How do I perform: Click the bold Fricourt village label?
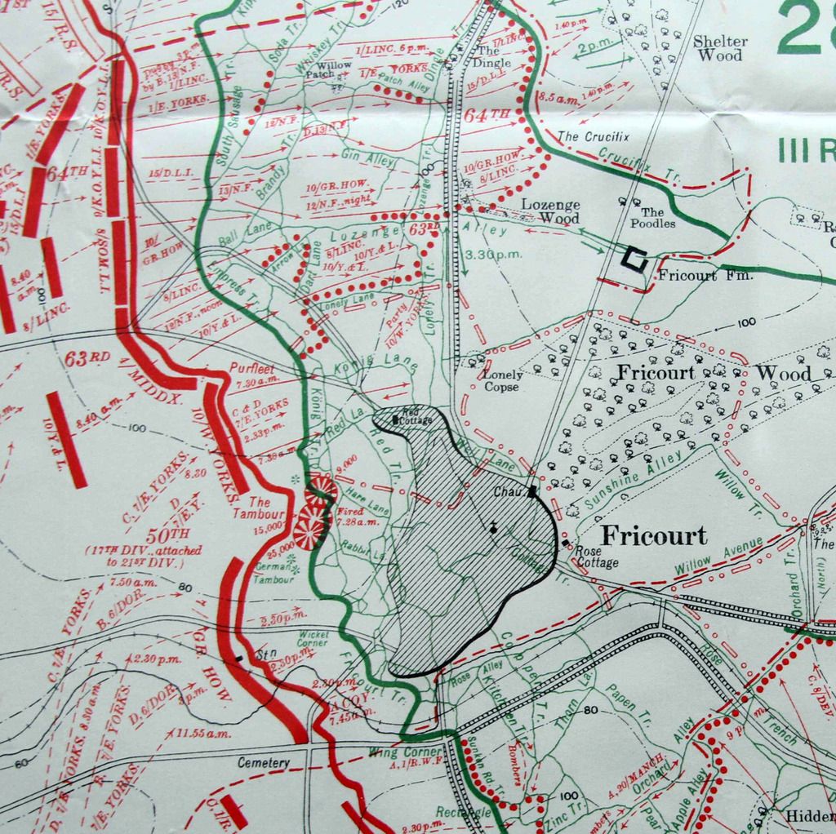[654, 536]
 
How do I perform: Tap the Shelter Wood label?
[719, 49]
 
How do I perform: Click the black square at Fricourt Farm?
[633, 259]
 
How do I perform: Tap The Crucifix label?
[594, 136]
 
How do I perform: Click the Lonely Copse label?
[501, 381]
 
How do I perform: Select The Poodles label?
[652, 217]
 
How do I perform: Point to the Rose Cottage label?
[598, 557]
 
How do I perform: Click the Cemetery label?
[264, 763]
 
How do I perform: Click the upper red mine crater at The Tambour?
[321, 491]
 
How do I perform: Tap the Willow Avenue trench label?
[718, 556]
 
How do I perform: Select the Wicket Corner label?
[312, 637]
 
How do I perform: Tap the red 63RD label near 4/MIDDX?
[87, 357]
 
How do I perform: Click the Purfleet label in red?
[251, 368]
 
